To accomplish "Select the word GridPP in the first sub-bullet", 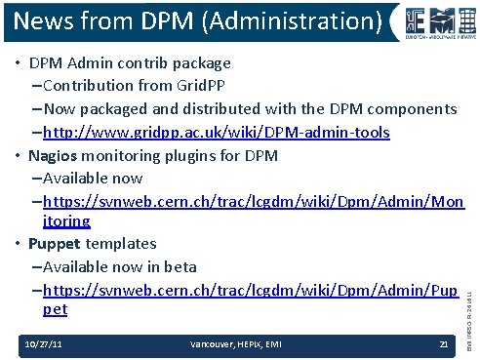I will pos(204,86).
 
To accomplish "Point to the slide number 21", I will pos(443,343).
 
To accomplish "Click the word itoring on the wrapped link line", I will pos(67,221).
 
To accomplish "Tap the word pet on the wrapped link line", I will pos(56,309).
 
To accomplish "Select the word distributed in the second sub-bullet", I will pos(234,108).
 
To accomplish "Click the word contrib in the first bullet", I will pos(142,63).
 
